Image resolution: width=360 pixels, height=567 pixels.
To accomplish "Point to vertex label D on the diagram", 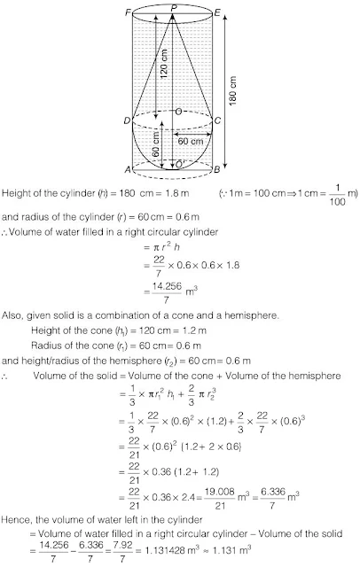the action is click(x=127, y=120).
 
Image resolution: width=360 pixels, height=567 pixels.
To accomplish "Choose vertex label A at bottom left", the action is click(x=127, y=170).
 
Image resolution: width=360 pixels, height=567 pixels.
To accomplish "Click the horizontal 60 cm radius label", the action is click(x=191, y=140).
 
